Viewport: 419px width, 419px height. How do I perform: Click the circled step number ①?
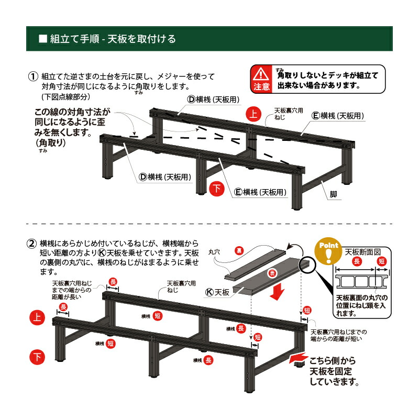click(x=32, y=76)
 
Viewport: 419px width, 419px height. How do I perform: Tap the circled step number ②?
click(x=32, y=244)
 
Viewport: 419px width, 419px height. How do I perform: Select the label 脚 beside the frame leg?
click(x=334, y=194)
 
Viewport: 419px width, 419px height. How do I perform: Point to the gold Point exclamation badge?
click(x=328, y=252)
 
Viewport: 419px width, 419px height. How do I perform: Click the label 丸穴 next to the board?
click(x=215, y=252)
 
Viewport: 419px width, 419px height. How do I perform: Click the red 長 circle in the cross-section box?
click(x=357, y=261)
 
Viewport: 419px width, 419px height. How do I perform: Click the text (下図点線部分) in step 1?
click(x=66, y=98)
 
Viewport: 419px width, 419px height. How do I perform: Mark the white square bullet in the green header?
click(x=43, y=39)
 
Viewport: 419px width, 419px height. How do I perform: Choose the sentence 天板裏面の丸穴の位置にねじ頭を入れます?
click(x=361, y=305)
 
